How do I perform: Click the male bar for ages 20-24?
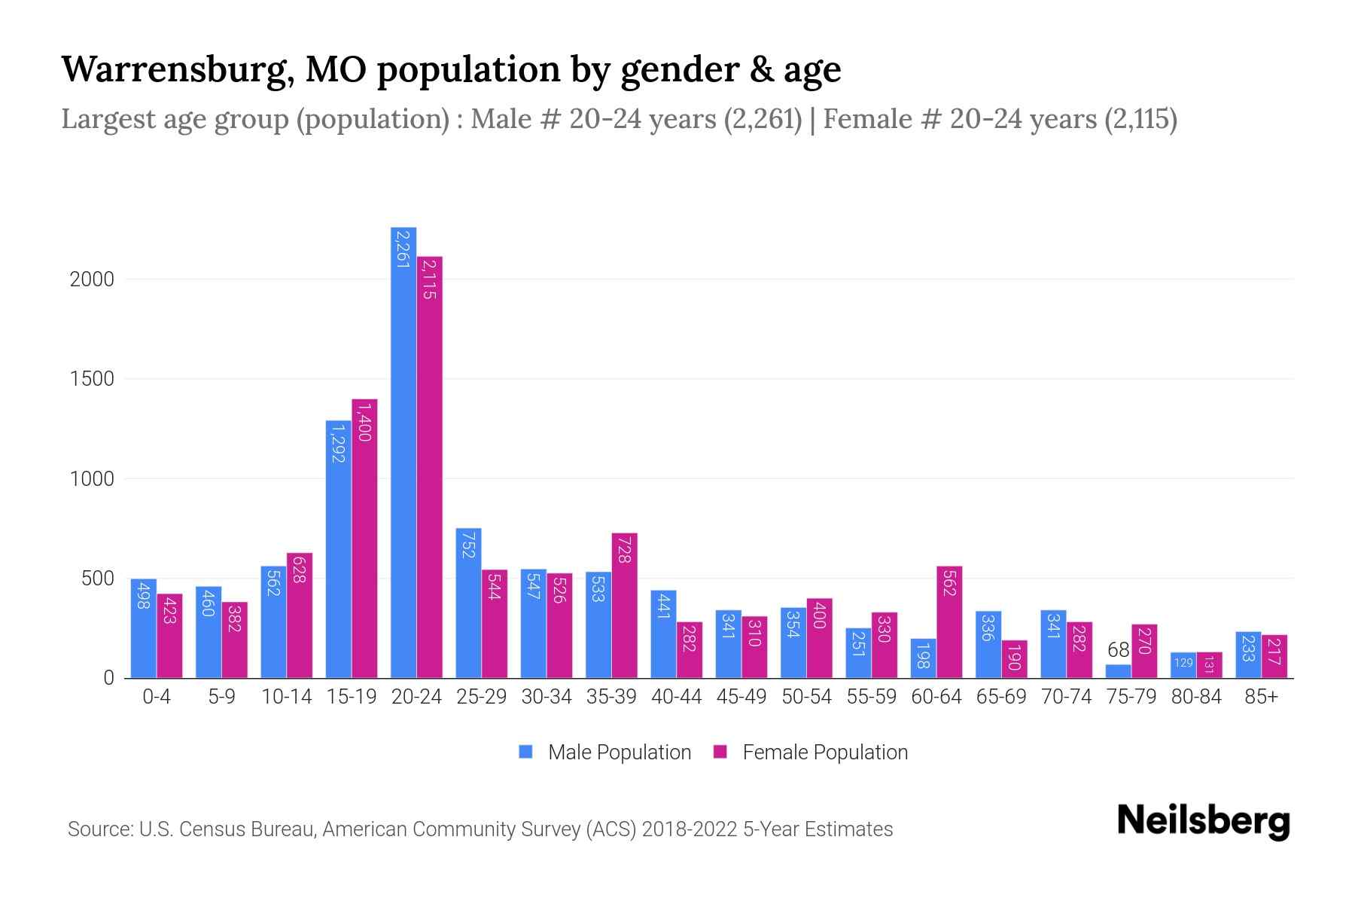pos(403,452)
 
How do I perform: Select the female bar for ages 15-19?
pos(364,539)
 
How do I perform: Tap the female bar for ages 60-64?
pos(949,622)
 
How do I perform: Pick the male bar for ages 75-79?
pos(1118,671)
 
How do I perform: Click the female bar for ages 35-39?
pos(624,606)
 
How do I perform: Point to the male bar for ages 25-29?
pos(468,603)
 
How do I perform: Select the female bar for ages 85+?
pos(1274,656)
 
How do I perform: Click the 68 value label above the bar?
pos(1118,650)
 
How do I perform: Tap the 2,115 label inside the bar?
pos(429,279)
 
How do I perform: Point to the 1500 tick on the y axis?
pos(92,379)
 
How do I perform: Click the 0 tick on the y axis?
pos(108,678)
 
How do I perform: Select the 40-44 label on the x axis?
pos(676,698)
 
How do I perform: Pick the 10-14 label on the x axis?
pos(286,698)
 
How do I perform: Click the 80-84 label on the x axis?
pos(1196,698)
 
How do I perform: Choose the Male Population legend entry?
pos(619,753)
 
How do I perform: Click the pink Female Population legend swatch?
pos(720,752)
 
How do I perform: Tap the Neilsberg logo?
pos(1203,821)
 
